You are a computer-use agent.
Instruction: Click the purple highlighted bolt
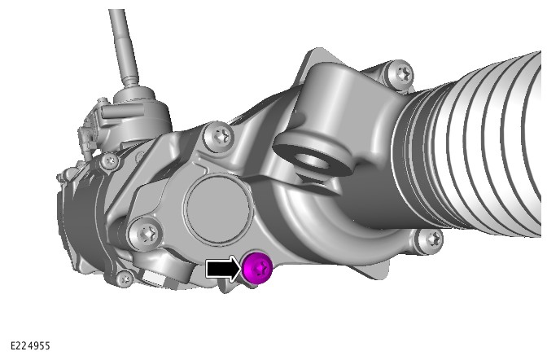pyautogui.click(x=257, y=267)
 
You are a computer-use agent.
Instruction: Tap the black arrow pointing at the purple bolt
pyautogui.click(x=223, y=268)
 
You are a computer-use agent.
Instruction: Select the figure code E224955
pyautogui.click(x=30, y=345)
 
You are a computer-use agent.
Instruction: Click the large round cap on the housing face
pyautogui.click(x=217, y=210)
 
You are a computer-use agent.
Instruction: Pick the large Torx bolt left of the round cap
pyautogui.click(x=146, y=233)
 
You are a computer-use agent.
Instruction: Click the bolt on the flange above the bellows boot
pyautogui.click(x=401, y=73)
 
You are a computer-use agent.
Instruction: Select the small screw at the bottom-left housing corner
pyautogui.click(x=125, y=279)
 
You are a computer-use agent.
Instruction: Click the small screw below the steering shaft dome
pyautogui.click(x=110, y=161)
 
